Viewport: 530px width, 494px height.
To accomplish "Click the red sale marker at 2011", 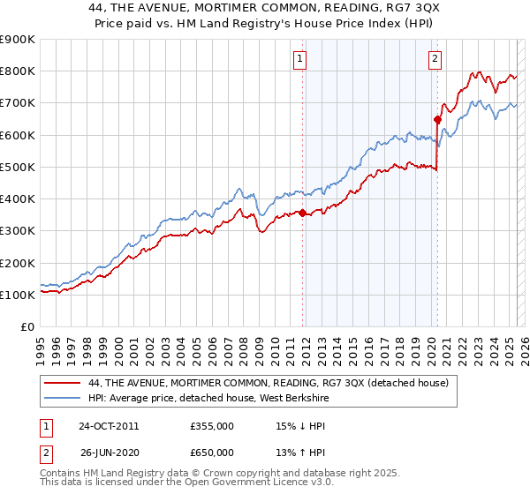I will (303, 213).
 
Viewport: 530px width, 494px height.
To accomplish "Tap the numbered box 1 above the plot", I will (300, 59).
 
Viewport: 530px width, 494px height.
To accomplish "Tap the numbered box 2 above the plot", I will (435, 59).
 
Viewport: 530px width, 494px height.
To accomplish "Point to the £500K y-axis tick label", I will (18, 167).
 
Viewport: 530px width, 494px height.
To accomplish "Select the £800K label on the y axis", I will (18, 71).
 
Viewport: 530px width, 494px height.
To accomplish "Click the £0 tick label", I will (27, 326).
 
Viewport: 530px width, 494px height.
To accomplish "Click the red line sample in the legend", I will (63, 383).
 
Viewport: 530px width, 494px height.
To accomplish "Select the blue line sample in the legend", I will (63, 398).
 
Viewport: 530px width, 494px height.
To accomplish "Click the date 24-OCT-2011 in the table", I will (108, 425).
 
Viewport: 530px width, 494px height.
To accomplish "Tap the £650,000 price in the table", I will (212, 453).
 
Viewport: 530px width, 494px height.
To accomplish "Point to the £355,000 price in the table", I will (212, 425).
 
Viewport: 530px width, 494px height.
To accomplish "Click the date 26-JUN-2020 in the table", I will (108, 453).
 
